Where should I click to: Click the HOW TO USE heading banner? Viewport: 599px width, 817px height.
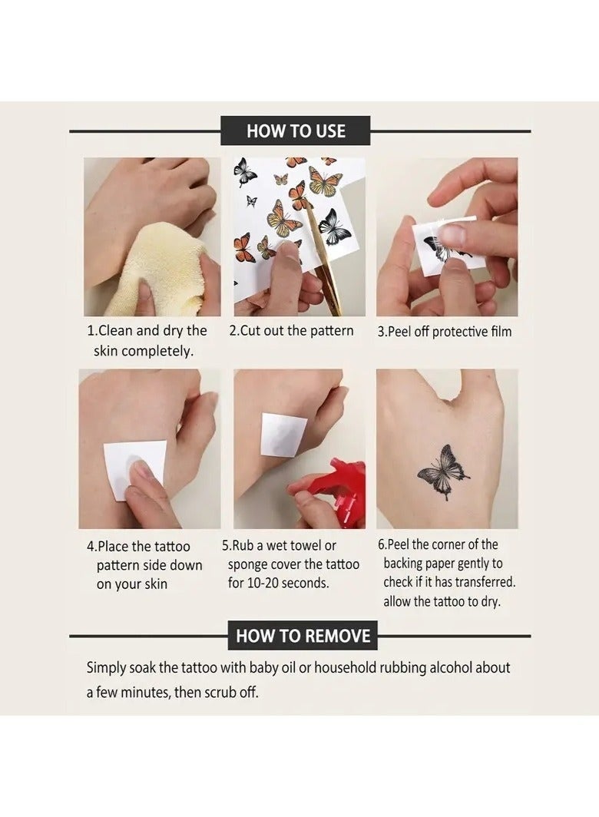click(x=295, y=131)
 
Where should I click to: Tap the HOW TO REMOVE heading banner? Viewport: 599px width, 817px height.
click(x=303, y=636)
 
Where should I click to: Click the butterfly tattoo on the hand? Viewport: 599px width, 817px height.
click(x=444, y=472)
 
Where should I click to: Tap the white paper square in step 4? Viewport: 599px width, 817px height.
click(x=134, y=469)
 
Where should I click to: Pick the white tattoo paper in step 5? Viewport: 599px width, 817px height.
click(x=283, y=435)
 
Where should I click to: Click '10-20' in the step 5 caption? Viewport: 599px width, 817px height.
click(x=264, y=583)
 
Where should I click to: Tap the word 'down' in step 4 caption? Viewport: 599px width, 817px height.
click(x=186, y=565)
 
